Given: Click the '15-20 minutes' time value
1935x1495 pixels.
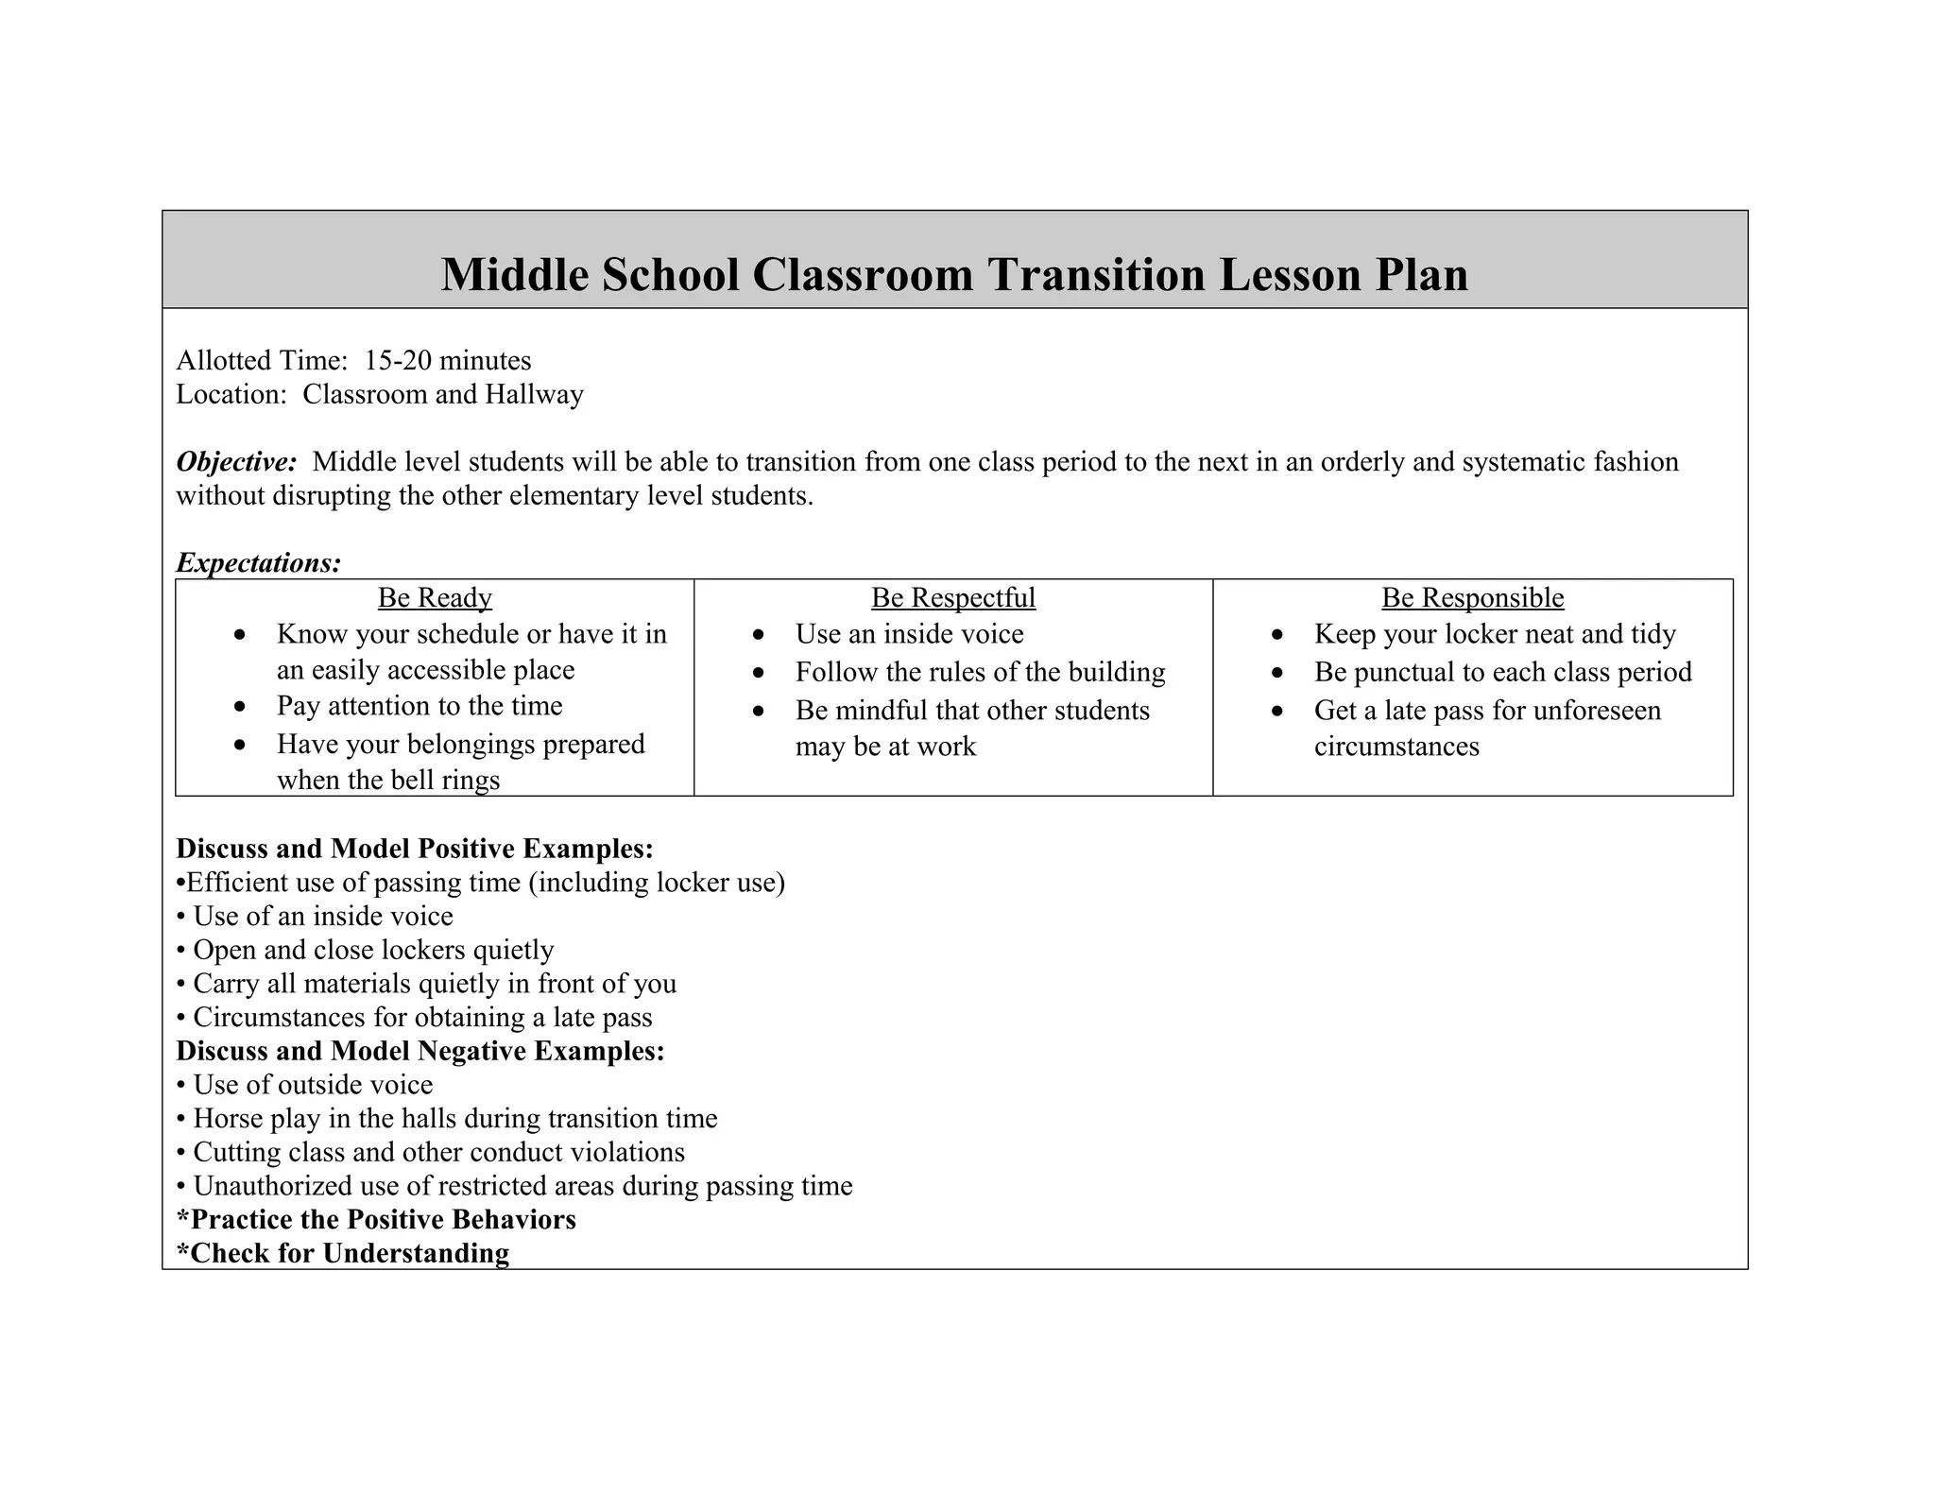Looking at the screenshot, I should (448, 360).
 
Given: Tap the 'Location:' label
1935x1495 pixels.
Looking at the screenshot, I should (231, 394).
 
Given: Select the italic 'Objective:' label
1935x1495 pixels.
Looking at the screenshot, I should (236, 462).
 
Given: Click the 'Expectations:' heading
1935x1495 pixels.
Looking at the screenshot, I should (258, 563).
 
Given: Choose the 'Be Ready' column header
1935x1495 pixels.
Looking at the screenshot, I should (435, 597).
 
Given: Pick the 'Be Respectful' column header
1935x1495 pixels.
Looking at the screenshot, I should (952, 597).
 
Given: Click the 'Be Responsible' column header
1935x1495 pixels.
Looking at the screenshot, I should (1472, 597).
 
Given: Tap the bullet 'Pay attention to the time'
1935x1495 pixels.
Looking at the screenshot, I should (420, 706).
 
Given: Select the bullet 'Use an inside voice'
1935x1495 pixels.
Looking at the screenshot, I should (909, 634).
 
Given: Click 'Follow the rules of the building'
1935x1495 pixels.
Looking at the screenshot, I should (980, 672).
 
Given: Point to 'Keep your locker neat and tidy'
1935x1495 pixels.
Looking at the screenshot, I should (1495, 634).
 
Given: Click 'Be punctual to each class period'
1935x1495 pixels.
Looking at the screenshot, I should (1502, 672).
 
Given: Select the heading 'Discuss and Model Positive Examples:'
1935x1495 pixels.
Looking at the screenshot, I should (415, 849).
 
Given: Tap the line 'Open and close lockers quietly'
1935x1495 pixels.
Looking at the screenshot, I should (373, 950).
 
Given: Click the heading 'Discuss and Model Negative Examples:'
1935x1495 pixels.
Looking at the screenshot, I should (420, 1051).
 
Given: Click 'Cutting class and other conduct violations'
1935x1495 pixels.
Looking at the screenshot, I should (438, 1153).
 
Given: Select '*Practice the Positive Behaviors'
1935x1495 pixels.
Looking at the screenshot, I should (376, 1220).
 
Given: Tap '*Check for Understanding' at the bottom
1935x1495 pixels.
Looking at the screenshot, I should (343, 1253).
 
